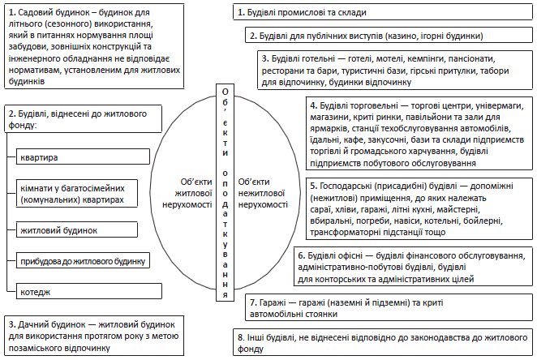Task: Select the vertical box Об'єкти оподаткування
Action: (x=226, y=192)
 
